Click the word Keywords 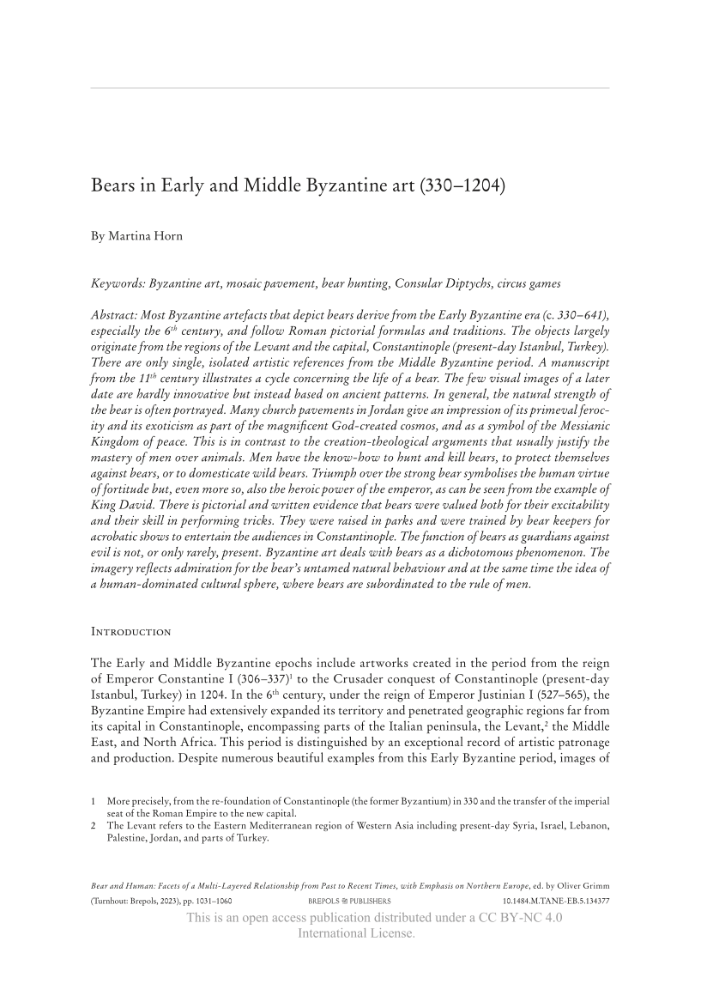click(118, 283)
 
